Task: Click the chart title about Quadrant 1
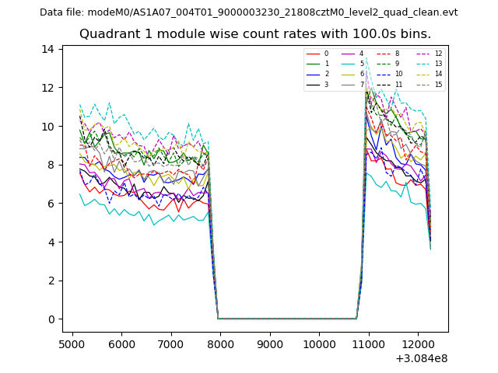[255, 34]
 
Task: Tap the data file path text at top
[249, 12]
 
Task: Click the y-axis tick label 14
[48, 49]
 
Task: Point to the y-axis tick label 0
[51, 319]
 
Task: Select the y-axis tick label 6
[51, 204]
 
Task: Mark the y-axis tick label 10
[48, 126]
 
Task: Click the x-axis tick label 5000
[72, 343]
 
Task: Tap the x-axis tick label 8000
[220, 343]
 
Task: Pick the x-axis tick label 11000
[369, 343]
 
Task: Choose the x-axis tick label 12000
[418, 343]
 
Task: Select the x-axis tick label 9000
[270, 343]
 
